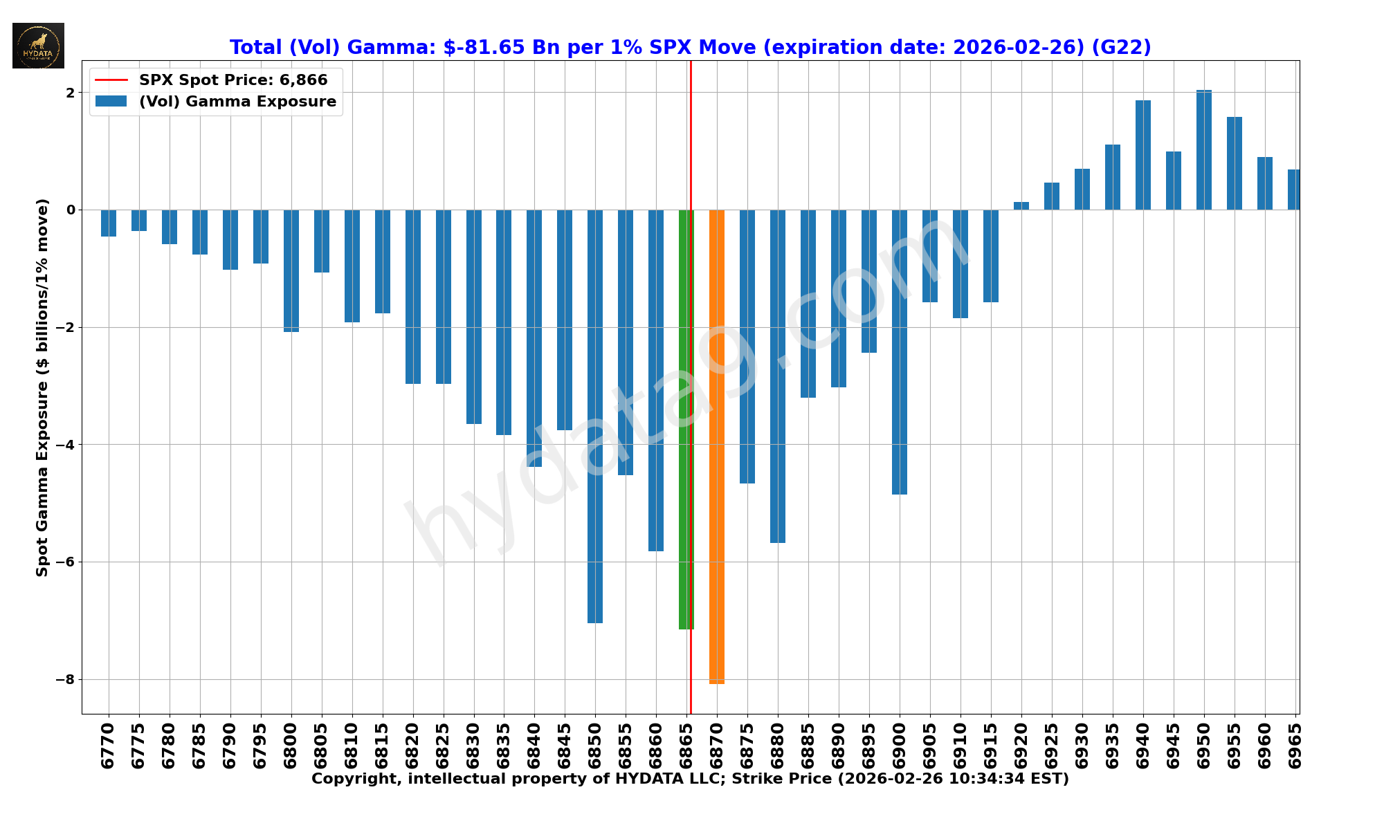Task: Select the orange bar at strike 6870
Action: (717, 446)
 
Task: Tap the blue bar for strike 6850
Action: (595, 416)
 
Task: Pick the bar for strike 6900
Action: (900, 351)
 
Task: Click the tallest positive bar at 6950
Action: (1204, 150)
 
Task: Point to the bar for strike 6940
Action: (1143, 155)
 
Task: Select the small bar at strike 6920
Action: (1021, 206)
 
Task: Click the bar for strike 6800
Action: (291, 270)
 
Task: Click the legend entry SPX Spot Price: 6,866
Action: (233, 80)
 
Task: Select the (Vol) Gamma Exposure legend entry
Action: (237, 102)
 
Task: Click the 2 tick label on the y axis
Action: (71, 93)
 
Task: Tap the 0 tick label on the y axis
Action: (71, 210)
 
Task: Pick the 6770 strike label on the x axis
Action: (109, 746)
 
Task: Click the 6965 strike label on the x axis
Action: (1295, 746)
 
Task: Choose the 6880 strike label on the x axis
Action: (778, 746)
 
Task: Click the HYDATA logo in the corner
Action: (38, 46)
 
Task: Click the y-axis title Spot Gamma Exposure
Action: (43, 387)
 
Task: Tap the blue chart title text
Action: (690, 47)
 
